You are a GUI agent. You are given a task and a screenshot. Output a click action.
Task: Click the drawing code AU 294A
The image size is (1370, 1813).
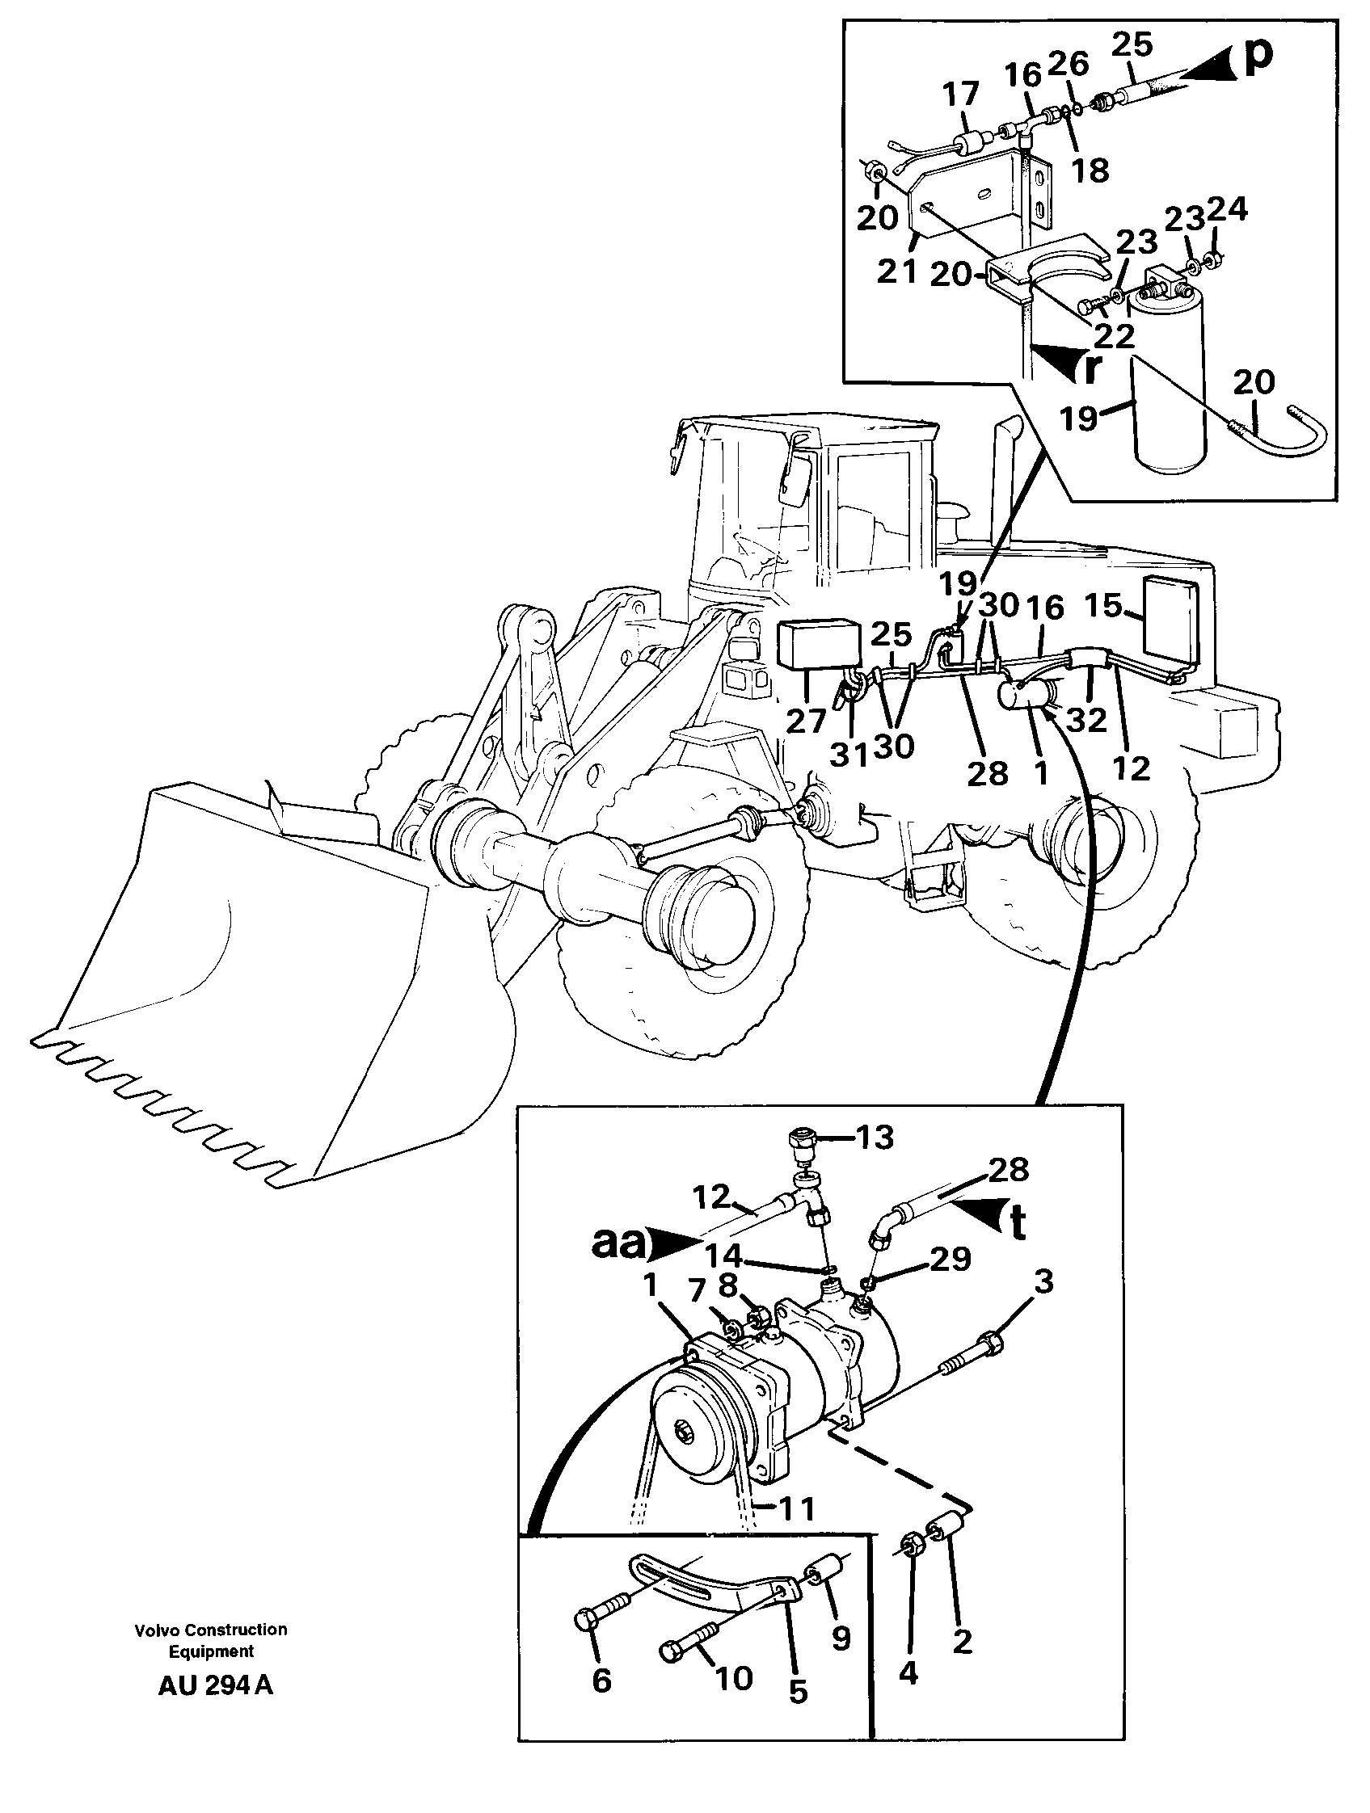(215, 1686)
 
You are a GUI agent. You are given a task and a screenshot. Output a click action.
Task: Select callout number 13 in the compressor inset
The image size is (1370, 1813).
(873, 1138)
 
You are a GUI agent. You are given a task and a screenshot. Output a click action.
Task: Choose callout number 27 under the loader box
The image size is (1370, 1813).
(806, 721)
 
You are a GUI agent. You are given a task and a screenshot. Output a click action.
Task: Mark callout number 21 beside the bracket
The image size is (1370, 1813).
(896, 271)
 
